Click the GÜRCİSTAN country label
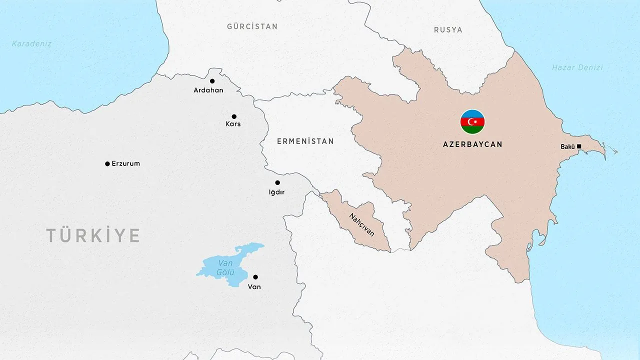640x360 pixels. click(252, 26)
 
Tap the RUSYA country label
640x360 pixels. click(448, 30)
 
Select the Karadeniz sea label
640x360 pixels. click(32, 44)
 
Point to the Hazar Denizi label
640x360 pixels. click(577, 67)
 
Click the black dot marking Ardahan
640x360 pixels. click(212, 81)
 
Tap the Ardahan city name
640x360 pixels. click(208, 90)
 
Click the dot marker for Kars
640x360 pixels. click(234, 116)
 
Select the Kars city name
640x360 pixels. click(233, 124)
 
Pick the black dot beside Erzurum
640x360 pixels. click(107, 164)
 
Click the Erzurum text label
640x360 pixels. click(125, 163)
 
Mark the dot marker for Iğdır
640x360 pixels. click(277, 182)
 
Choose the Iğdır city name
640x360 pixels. click(276, 192)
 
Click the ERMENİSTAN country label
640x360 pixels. click(305, 141)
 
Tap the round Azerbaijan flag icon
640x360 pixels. click(472, 122)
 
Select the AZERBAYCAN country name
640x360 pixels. click(472, 144)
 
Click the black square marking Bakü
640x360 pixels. click(579, 146)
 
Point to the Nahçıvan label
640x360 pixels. click(361, 225)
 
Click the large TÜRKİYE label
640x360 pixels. click(93, 235)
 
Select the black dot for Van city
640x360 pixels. click(255, 277)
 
